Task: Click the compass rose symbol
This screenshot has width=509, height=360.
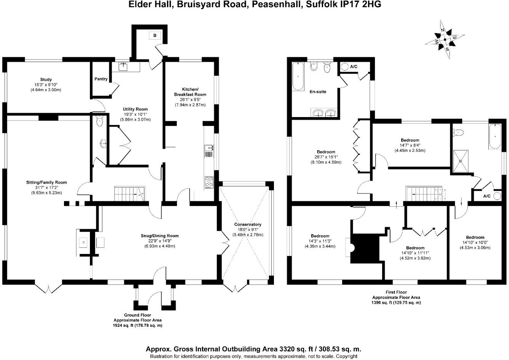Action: point(445,39)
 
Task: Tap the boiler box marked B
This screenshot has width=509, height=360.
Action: point(155,35)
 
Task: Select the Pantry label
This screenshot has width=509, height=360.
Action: point(101,79)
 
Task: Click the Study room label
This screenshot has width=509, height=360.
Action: point(46,80)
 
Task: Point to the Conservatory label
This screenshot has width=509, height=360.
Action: point(248,225)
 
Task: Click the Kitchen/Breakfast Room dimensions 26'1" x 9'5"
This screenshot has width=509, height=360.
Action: point(190,100)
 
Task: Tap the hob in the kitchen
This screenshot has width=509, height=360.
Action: point(209,182)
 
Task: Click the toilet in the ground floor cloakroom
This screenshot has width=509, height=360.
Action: point(100,121)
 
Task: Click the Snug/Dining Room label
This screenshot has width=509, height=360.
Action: point(157,236)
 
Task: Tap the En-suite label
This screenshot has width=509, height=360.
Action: point(317,92)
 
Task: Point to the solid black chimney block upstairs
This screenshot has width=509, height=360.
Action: point(365,248)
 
